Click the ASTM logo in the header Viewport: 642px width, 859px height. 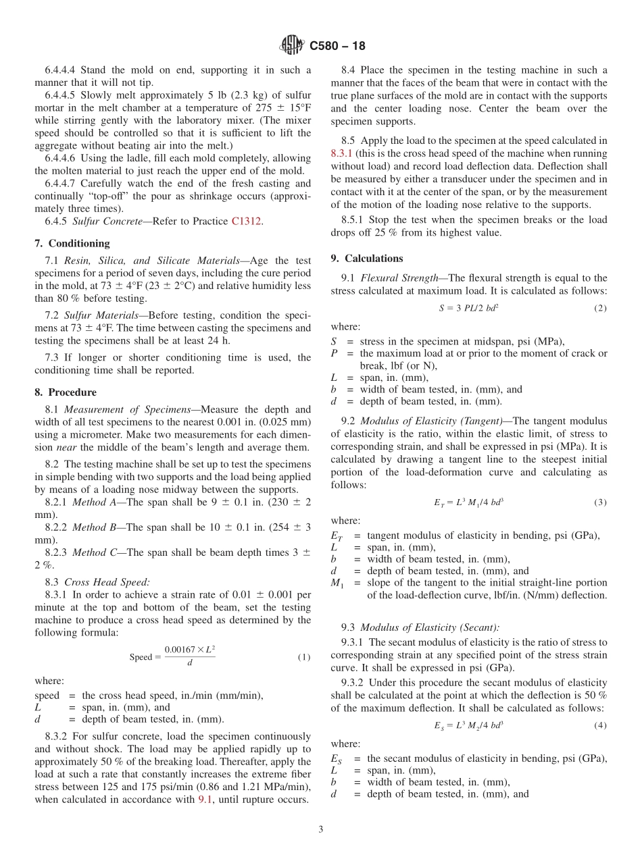coord(292,46)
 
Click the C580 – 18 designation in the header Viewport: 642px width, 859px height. coord(337,46)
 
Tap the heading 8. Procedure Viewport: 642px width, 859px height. coord(66,392)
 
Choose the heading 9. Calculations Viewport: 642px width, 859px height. coord(367,258)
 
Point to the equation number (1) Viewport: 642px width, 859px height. coord(304,657)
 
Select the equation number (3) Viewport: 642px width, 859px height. coord(600,502)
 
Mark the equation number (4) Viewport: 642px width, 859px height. coord(600,725)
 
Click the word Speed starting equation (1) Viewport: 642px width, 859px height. coord(141,657)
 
